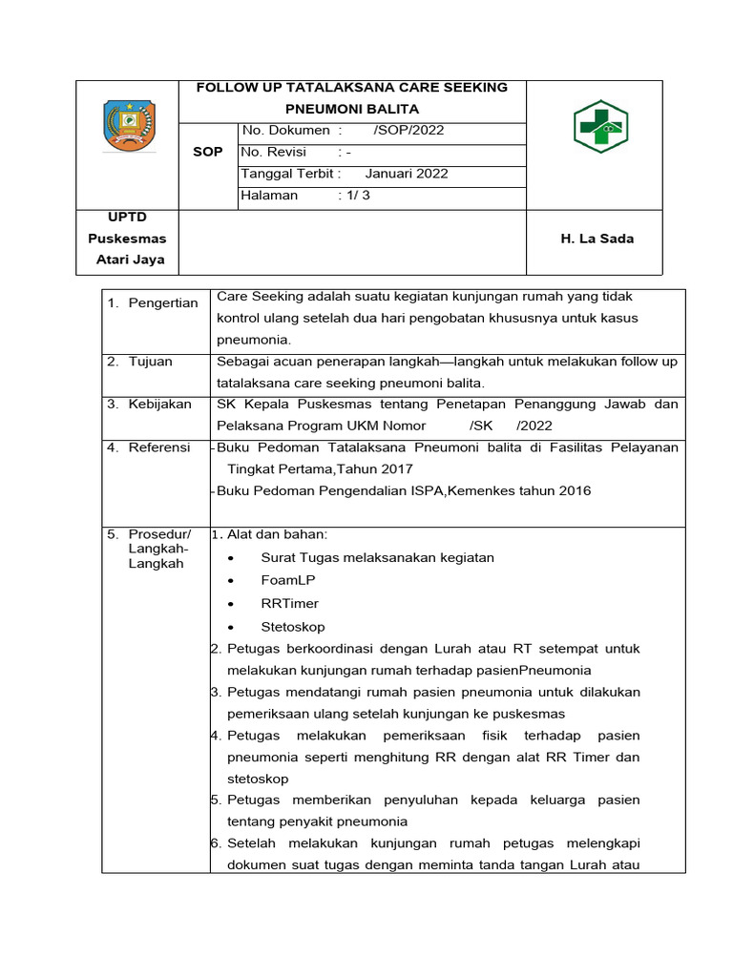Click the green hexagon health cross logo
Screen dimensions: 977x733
point(601,126)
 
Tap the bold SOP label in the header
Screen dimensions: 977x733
point(208,153)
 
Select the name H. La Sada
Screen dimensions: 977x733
point(597,239)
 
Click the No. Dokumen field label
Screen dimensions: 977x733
point(286,131)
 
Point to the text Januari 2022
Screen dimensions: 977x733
point(407,174)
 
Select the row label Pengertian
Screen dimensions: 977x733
point(165,303)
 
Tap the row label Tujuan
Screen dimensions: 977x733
point(153,362)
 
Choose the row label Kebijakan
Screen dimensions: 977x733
point(160,405)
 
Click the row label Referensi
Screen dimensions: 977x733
point(159,447)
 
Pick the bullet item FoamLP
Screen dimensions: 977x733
point(287,580)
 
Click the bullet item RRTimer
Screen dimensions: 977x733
point(289,604)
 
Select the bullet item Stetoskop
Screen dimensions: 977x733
point(292,627)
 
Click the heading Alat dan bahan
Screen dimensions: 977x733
point(277,534)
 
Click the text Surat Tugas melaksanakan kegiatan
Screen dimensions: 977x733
point(377,557)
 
